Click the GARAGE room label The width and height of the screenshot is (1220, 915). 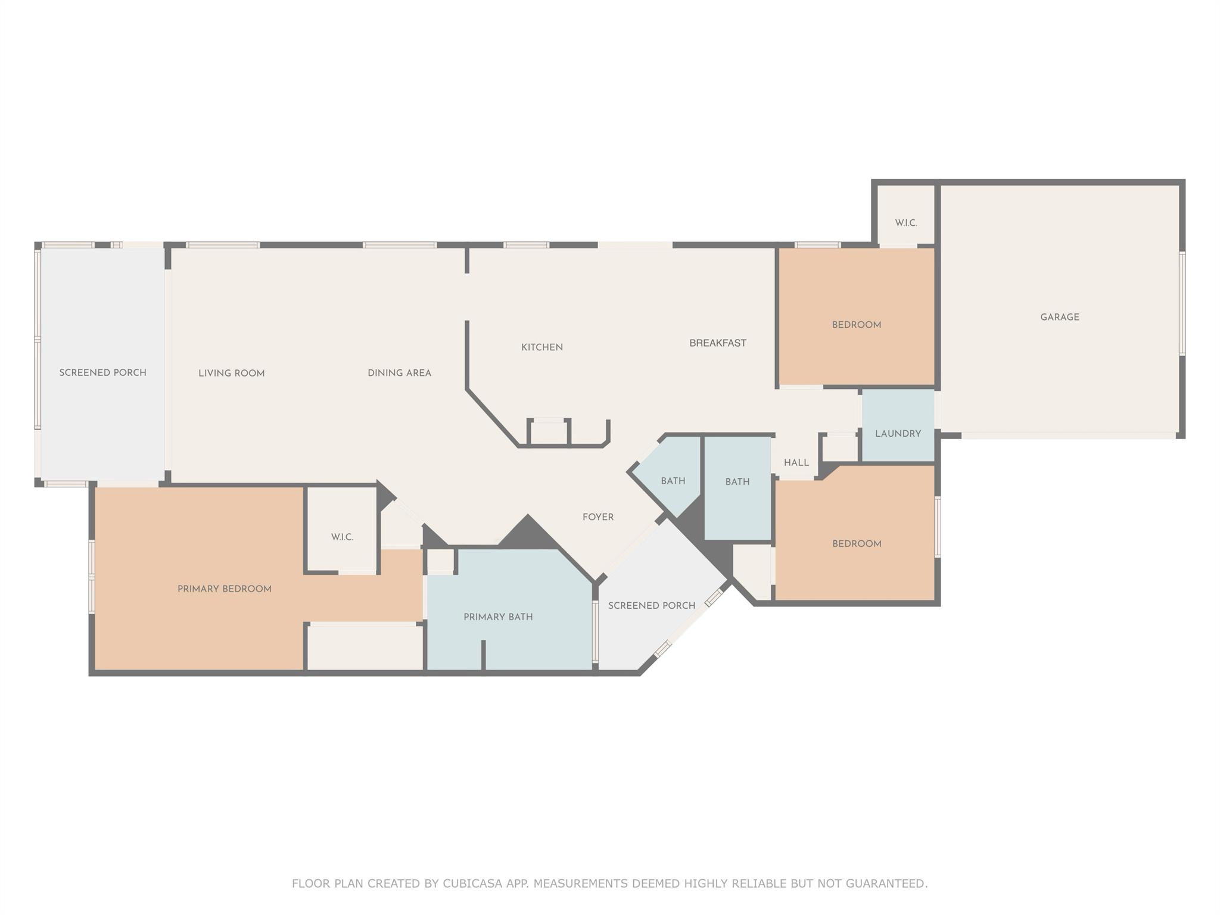(1059, 318)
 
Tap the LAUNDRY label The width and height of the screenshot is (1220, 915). (898, 434)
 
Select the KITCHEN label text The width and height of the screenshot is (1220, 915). (541, 347)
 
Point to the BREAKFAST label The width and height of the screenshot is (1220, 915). (717, 343)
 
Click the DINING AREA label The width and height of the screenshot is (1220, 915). (399, 373)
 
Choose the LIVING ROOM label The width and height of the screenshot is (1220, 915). (231, 374)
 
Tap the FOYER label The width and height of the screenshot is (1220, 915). (597, 517)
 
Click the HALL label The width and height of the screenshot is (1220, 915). (796, 463)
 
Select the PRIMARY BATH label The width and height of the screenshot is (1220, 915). (498, 617)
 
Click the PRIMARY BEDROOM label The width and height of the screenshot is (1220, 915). (224, 589)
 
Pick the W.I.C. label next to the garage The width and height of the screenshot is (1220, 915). (905, 223)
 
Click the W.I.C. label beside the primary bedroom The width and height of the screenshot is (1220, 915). (342, 537)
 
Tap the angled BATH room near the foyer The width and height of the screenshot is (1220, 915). (673, 481)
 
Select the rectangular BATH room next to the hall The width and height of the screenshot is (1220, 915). (737, 482)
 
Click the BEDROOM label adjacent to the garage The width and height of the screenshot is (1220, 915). (856, 325)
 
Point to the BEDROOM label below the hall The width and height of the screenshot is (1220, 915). (856, 544)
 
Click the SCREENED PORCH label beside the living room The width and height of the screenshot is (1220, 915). (102, 373)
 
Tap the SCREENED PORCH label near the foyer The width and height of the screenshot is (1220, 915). (651, 606)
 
